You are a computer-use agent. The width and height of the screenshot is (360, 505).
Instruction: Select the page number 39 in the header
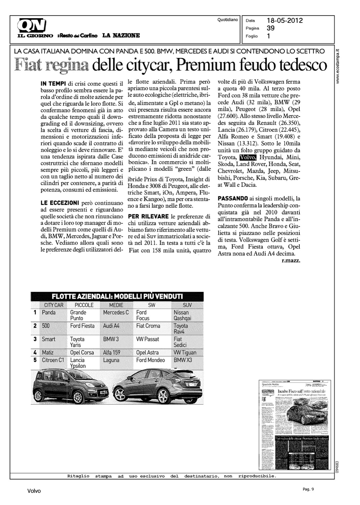[x=270, y=28]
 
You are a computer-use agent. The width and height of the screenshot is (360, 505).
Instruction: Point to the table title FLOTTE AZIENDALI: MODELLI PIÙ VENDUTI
[x=117, y=296]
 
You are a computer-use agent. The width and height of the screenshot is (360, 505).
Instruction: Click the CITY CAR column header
[x=54, y=305]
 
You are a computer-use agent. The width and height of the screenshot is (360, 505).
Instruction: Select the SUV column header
[x=187, y=305]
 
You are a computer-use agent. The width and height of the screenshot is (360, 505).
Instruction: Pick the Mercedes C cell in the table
[x=116, y=312]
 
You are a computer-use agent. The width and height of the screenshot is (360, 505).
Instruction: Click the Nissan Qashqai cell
[x=182, y=315]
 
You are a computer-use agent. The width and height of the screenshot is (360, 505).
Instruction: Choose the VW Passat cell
[x=148, y=339]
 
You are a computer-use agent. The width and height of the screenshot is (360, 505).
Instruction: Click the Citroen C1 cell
[x=53, y=360]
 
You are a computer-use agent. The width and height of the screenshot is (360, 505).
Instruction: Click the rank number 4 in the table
[x=35, y=352]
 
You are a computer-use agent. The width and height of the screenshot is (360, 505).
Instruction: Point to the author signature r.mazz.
[x=291, y=261]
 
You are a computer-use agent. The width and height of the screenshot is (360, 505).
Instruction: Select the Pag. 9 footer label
[x=308, y=490]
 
